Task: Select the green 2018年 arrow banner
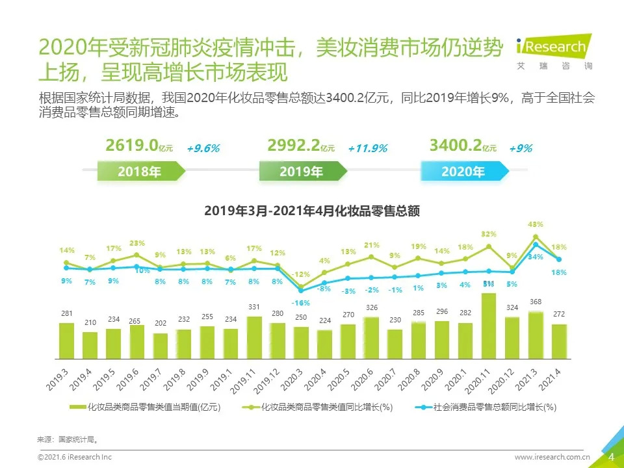(140, 172)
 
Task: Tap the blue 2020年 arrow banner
(463, 172)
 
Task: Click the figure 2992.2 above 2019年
(293, 146)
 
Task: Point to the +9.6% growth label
(203, 148)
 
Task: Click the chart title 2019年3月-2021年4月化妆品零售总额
(311, 211)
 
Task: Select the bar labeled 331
(254, 337)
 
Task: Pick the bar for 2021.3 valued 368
(536, 335)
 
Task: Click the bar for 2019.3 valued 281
(66, 340)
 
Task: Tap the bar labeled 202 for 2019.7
(161, 346)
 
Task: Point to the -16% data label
(300, 303)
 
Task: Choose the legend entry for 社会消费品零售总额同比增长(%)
(484, 408)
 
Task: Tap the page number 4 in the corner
(611, 457)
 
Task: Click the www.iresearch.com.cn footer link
(552, 458)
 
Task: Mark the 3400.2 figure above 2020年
(455, 146)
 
